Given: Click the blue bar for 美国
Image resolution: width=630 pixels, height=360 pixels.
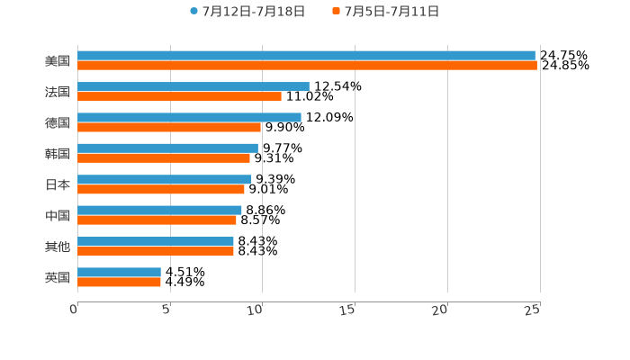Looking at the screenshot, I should coord(306,56).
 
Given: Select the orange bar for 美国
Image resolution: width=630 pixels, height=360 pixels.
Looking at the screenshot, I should coord(307,66).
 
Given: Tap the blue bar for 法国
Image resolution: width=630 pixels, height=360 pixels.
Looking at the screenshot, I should coord(193,86).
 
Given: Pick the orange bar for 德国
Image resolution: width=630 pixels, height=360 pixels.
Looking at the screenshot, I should coord(169,127).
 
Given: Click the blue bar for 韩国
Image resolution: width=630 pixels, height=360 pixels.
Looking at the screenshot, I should coord(167,148).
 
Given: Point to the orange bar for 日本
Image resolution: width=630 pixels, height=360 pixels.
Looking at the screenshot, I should coord(161,189).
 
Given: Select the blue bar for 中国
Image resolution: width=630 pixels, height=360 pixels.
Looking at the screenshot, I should coord(159,210).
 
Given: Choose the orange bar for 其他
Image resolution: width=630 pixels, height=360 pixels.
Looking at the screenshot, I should coord(156,251).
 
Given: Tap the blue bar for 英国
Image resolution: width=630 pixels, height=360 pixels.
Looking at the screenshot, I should coord(119,272).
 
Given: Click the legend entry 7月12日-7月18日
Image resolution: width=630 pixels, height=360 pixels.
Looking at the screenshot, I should coord(253,12).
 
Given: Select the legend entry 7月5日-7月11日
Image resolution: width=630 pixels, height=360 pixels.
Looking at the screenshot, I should coord(391,12).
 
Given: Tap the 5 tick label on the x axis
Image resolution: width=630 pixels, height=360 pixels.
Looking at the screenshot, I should coord(166,310).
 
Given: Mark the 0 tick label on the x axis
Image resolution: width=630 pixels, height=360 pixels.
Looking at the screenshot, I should coord(74,310).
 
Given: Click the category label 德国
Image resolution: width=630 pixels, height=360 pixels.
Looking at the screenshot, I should coord(58,122).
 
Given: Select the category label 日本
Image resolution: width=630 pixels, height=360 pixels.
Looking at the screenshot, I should coord(58,184).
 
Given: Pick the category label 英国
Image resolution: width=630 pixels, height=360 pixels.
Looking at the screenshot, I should coord(58,277).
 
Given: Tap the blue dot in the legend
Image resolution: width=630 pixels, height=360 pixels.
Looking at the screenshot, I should coord(193,12).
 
